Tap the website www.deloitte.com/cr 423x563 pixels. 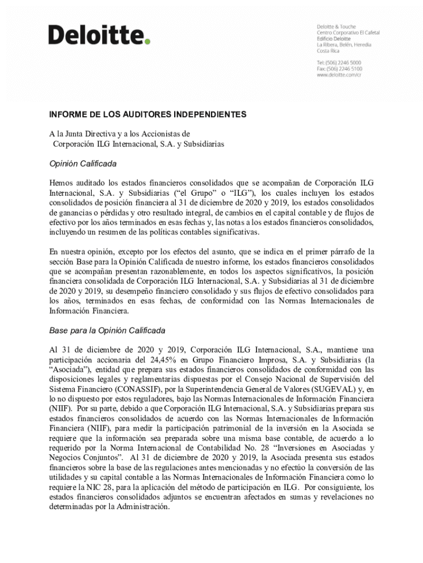[339, 75]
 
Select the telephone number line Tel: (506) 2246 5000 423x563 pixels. [339, 63]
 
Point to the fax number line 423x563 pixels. [339, 69]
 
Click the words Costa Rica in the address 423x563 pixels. [328, 51]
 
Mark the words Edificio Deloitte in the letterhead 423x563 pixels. [335, 38]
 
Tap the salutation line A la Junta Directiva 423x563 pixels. [119, 134]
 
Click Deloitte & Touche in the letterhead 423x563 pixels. [336, 26]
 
